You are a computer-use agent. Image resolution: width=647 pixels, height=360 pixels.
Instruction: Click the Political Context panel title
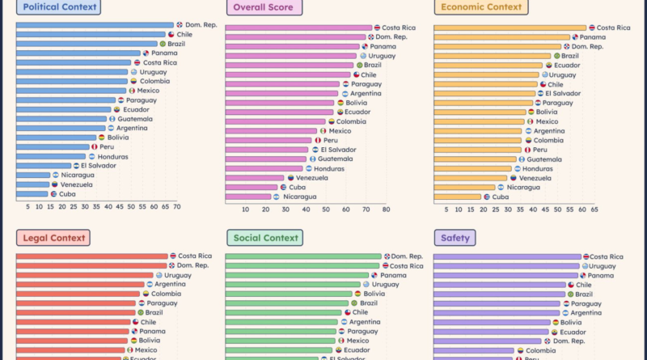click(61, 8)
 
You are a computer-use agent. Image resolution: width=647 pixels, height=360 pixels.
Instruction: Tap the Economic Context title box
click(480, 8)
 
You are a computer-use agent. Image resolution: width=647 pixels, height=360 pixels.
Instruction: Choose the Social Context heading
click(264, 238)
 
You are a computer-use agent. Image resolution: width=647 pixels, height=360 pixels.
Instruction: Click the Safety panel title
click(456, 238)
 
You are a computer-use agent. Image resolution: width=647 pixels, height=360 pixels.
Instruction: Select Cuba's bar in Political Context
click(32, 194)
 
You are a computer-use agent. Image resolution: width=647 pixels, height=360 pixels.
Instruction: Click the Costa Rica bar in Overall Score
click(298, 28)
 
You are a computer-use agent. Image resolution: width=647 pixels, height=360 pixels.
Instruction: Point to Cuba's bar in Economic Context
click(458, 197)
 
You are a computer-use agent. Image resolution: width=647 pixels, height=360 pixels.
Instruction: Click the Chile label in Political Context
click(184, 35)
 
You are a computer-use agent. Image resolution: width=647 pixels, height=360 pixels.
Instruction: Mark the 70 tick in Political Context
click(176, 207)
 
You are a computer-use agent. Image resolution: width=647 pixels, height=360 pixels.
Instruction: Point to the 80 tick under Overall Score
click(386, 210)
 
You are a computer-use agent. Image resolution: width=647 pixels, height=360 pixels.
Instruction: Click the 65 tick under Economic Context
click(594, 210)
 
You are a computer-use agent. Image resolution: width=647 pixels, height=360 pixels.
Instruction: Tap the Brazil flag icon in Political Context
click(162, 44)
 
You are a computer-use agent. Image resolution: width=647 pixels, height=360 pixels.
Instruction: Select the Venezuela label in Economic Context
click(535, 178)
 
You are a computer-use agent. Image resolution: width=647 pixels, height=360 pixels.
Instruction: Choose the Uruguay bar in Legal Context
click(85, 275)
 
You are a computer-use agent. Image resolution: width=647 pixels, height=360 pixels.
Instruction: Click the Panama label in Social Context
click(395, 275)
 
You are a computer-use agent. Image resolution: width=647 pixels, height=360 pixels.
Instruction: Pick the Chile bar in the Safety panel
click(500, 285)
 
